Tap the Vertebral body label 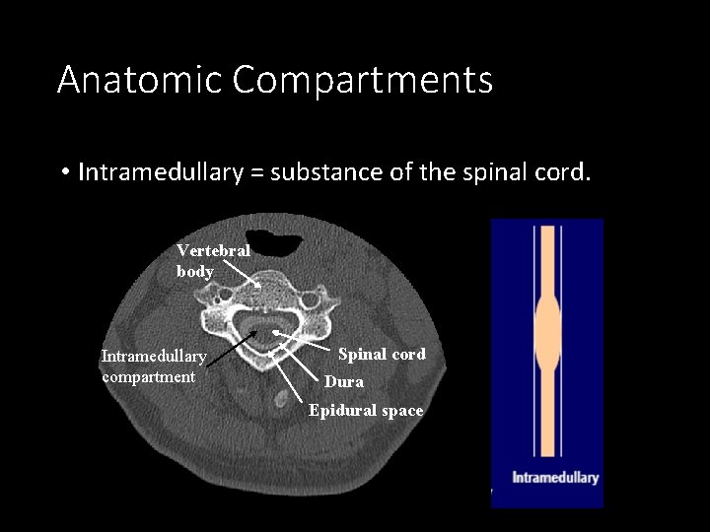213,261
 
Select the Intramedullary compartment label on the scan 153,366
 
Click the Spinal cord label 382,354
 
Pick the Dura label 344,381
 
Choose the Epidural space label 366,410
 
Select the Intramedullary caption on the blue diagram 554,478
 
